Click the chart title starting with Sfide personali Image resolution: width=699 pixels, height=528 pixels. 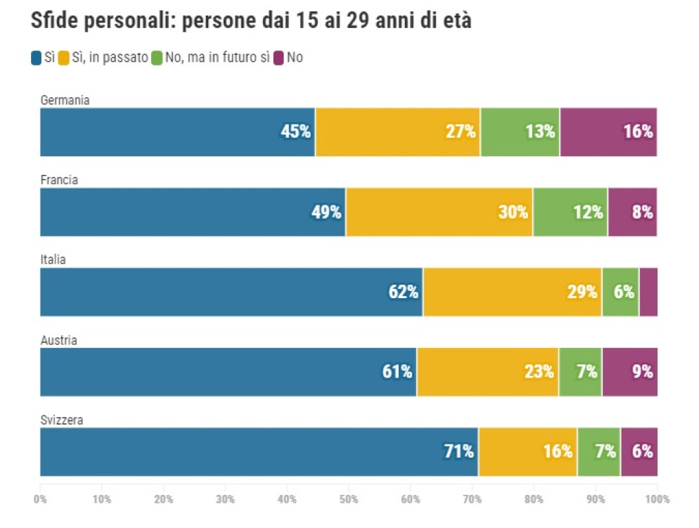pyautogui.click(x=251, y=20)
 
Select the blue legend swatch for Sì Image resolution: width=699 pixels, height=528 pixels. pyautogui.click(x=36, y=58)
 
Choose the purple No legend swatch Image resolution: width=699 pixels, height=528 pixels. pyautogui.click(x=278, y=58)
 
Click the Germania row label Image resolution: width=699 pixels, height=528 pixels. pyautogui.click(x=65, y=100)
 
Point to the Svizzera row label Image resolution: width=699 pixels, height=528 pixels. pyautogui.click(x=62, y=420)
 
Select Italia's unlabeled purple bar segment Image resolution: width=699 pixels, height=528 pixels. pyautogui.click(x=648, y=292)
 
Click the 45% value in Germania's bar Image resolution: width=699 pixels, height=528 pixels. pyautogui.click(x=295, y=131)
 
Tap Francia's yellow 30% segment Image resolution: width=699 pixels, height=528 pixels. pyautogui.click(x=439, y=212)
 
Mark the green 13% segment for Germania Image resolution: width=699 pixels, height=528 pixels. pyautogui.click(x=520, y=132)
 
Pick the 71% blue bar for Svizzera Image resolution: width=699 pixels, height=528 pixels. pyautogui.click(x=259, y=452)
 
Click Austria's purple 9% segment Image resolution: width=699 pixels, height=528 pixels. pyautogui.click(x=629, y=372)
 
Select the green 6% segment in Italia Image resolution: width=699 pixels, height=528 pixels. pyautogui.click(x=620, y=292)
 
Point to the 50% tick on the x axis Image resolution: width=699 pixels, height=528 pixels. pyautogui.click(x=349, y=499)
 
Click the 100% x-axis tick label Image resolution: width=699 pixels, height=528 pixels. pyautogui.click(x=658, y=499)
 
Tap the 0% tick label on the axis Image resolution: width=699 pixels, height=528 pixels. pyautogui.click(x=40, y=499)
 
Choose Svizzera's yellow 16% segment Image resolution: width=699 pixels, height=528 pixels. pyautogui.click(x=528, y=452)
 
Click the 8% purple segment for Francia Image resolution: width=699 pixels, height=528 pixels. pyautogui.click(x=633, y=212)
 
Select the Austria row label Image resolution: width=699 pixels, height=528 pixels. pyautogui.click(x=59, y=340)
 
